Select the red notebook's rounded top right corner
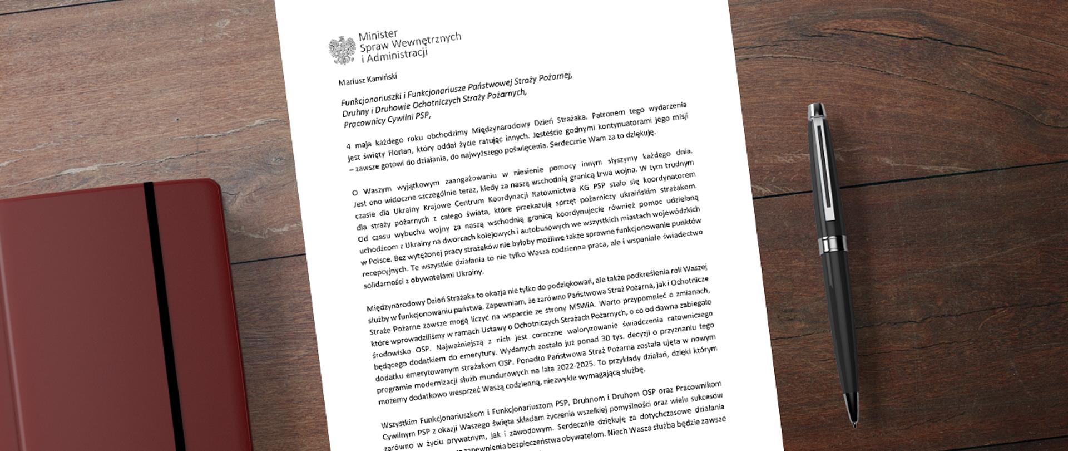(x=214, y=187)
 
